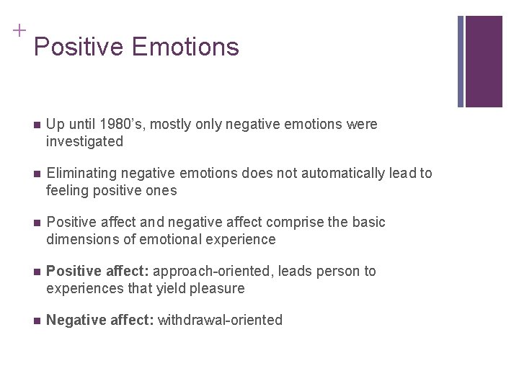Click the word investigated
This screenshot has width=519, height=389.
[84, 142]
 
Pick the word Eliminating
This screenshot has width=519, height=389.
[79, 174]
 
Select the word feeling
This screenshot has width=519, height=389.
[68, 191]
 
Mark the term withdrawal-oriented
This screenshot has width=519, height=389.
[220, 321]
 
